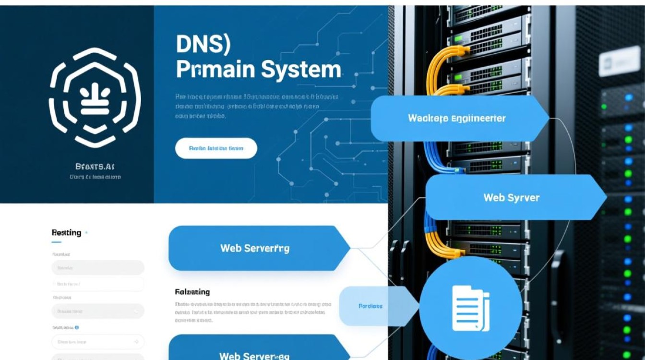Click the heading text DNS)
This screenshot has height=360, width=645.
(203, 45)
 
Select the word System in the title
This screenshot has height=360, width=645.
(301, 70)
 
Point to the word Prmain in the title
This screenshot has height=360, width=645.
(215, 70)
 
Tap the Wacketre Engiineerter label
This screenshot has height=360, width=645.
(456, 118)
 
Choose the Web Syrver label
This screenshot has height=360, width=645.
(511, 197)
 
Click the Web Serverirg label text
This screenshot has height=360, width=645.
(255, 248)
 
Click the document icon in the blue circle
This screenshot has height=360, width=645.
(470, 308)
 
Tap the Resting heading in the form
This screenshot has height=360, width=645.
(66, 233)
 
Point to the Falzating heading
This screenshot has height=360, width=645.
(192, 292)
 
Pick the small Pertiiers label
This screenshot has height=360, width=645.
(370, 306)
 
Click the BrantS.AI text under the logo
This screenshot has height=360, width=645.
(95, 167)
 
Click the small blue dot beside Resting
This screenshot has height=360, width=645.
(86, 233)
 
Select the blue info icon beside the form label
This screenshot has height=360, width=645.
(77, 327)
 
